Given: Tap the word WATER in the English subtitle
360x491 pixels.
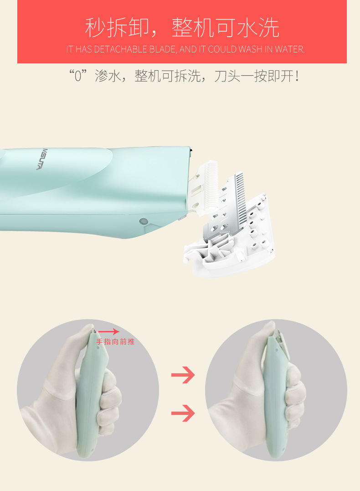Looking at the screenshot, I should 289,49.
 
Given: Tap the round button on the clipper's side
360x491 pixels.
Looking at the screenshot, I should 144,221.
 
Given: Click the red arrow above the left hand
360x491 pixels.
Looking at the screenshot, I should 109,332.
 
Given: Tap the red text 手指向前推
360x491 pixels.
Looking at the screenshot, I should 115,341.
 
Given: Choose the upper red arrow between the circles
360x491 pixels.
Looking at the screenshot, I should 183,375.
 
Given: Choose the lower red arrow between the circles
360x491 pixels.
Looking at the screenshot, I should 183,413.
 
